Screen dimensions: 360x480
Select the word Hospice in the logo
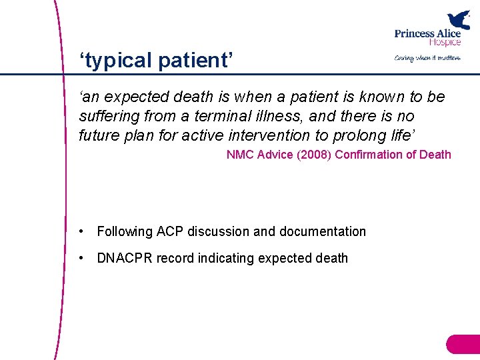445,42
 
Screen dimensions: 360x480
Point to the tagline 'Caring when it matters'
427,58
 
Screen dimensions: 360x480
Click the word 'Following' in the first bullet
125,231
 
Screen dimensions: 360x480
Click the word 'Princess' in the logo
415,33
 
